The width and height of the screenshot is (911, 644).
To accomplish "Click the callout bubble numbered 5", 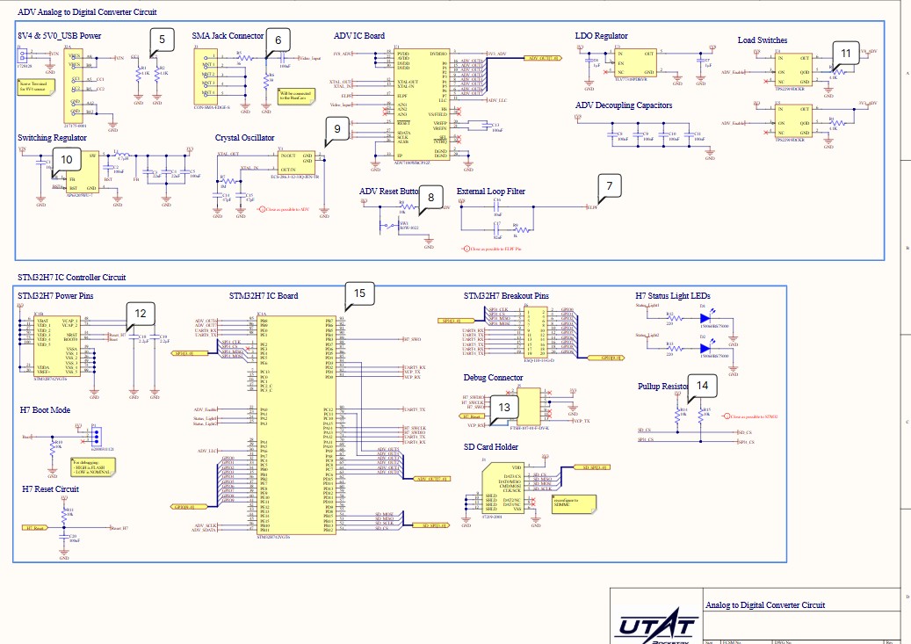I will point(162,39).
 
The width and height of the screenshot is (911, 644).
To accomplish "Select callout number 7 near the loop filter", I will point(610,185).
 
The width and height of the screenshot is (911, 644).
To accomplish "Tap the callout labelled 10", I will point(67,158).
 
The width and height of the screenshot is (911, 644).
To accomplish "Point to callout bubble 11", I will point(845,53).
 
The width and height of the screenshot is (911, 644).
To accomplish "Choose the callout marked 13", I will point(504,407).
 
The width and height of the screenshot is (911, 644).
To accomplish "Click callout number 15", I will point(358,293).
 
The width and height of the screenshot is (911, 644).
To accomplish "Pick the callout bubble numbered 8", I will point(430,198).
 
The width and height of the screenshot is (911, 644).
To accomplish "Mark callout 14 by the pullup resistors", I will point(701,385).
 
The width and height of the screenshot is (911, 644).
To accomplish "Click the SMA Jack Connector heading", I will point(228,36).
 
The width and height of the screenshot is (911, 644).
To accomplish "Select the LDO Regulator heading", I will point(601,36).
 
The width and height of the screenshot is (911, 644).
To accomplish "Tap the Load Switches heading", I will point(762,40).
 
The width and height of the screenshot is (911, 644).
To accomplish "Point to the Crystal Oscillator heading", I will point(244,138).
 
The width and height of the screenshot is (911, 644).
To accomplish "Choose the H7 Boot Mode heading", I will point(46,410).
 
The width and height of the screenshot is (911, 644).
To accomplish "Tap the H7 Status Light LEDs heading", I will point(672,295).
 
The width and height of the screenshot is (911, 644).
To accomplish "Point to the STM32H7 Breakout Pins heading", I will point(505,295).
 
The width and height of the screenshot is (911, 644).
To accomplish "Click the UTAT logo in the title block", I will point(657,626).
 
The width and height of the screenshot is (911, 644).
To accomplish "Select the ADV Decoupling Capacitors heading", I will point(623,105).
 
